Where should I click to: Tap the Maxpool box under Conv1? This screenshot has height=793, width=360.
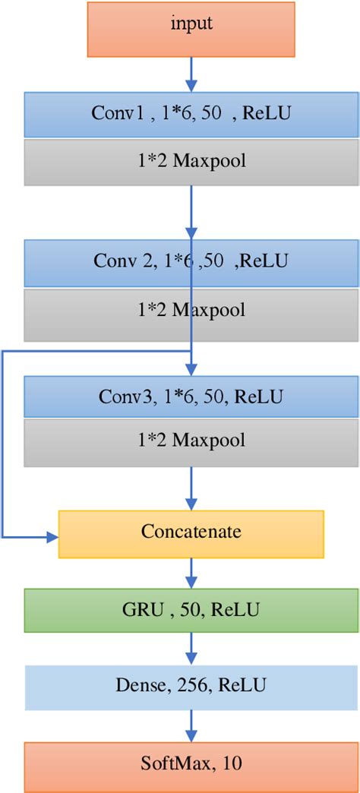click(x=191, y=162)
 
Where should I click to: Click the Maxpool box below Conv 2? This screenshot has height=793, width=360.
click(x=191, y=309)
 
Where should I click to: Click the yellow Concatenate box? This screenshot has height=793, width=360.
click(x=191, y=531)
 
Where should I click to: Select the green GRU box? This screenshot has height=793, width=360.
click(x=191, y=609)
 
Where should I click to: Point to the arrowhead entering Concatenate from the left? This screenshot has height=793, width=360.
click(x=53, y=537)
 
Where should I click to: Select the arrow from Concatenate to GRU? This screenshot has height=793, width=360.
click(x=191, y=571)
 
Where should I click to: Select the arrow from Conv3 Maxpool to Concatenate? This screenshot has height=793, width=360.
click(x=191, y=488)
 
